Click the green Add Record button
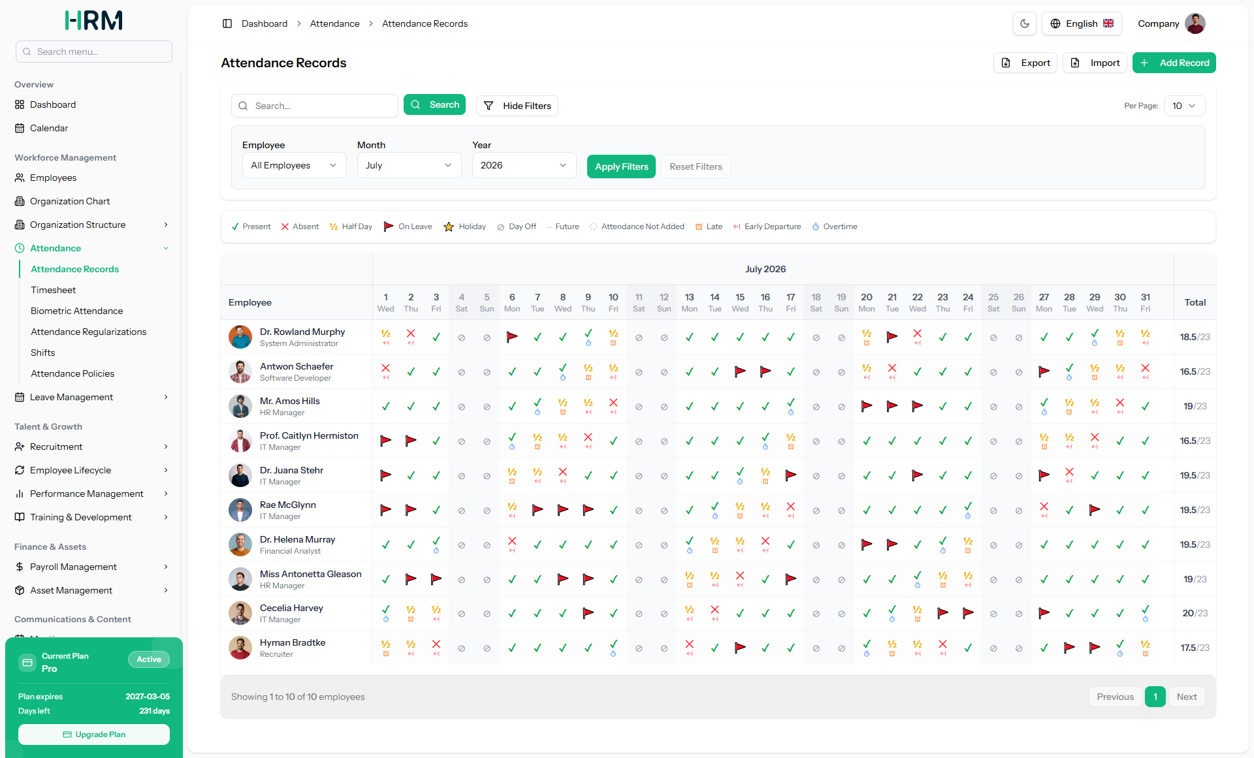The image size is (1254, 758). pos(1174,63)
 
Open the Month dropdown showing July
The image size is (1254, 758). pos(409,165)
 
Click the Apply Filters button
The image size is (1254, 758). pos(621,166)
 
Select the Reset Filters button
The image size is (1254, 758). pos(696,166)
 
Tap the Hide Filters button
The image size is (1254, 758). pos(517,106)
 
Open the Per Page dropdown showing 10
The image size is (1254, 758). pos(1184,106)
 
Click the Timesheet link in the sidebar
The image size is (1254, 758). pos(53,290)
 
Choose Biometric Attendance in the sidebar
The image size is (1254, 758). pos(76,311)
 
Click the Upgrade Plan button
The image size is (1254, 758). pos(94,734)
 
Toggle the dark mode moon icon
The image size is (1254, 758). pos(1025,24)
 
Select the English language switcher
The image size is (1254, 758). pos(1082,24)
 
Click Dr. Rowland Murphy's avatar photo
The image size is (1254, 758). pos(240,337)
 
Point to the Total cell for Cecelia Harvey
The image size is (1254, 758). pos(1195,613)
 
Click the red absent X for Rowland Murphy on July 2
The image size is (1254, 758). pos(411,334)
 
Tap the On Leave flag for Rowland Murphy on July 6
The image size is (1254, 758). pos(512,337)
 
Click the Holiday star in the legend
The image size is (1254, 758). pos(449,227)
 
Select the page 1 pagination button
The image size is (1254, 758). pos(1155,697)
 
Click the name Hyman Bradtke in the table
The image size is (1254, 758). pos(293,642)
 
